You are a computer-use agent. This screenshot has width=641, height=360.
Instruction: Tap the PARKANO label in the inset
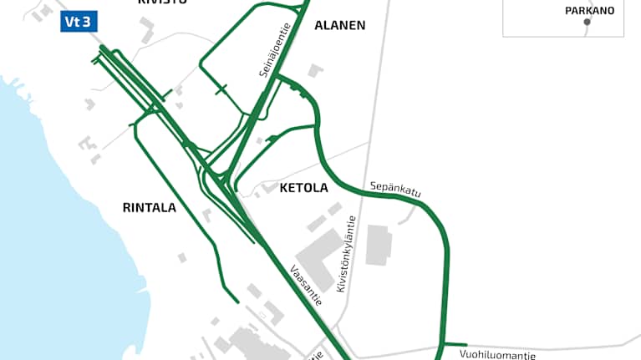(x=589, y=10)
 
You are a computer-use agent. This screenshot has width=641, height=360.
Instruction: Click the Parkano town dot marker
(x=587, y=22)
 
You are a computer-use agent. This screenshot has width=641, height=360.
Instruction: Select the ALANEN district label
(x=340, y=25)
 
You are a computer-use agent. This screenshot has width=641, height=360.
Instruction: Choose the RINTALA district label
(x=150, y=207)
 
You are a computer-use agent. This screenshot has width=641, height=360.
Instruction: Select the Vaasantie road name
(x=308, y=285)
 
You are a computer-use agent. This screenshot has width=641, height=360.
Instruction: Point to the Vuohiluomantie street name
(x=497, y=355)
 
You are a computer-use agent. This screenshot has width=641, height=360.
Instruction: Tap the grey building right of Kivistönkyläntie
(x=379, y=244)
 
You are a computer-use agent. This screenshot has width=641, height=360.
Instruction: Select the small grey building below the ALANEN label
(x=314, y=71)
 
